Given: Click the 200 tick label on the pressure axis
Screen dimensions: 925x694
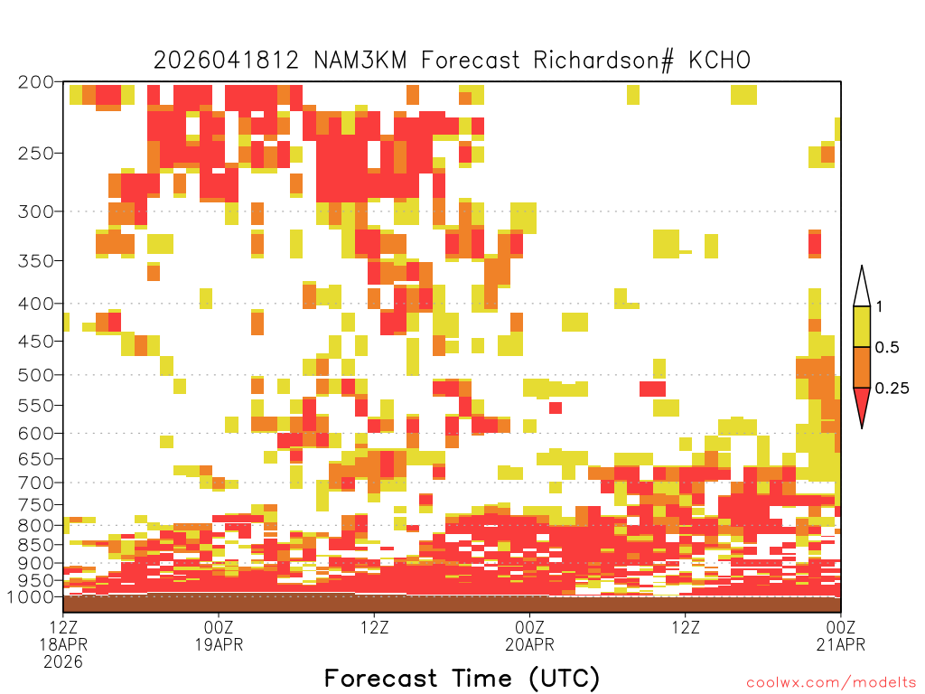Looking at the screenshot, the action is click(36, 82).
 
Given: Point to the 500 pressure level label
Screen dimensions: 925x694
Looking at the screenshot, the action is click(36, 375).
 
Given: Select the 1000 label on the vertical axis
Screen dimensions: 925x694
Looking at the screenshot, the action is click(31, 597).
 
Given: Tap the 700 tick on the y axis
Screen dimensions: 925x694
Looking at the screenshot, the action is click(36, 483).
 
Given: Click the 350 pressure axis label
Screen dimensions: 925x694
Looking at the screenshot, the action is click(36, 261).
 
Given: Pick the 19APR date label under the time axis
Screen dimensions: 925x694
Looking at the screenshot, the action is click(219, 644).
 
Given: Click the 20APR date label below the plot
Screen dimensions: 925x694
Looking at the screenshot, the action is click(529, 644).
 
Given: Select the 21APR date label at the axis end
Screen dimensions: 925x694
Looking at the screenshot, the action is click(841, 644).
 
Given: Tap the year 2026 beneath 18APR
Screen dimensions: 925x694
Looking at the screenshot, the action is click(63, 662).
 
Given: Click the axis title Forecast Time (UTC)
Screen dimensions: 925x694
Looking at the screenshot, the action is click(462, 679).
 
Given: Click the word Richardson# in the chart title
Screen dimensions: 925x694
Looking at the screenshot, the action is click(603, 61).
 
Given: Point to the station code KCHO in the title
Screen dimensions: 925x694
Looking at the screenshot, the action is click(719, 61).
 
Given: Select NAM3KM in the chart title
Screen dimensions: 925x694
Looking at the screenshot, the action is click(360, 61).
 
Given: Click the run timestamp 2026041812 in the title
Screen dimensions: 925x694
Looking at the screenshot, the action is click(227, 61).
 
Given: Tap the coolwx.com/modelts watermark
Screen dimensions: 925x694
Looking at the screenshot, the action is click(832, 683).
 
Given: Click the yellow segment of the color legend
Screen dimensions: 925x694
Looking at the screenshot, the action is click(862, 326).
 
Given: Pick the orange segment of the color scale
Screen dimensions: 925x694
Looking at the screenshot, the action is click(862, 367).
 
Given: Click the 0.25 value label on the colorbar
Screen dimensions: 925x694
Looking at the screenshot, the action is click(892, 389).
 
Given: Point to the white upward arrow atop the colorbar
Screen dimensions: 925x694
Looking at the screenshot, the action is click(862, 286).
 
